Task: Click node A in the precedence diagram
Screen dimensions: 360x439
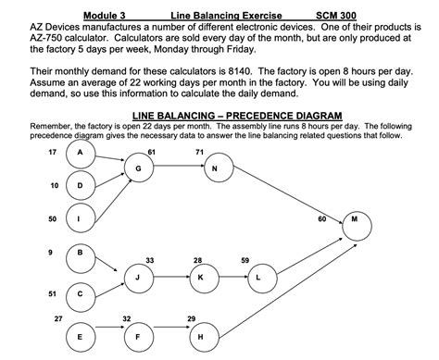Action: pyautogui.click(x=80, y=152)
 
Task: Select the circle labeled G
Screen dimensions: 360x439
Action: pyautogui.click(x=138, y=168)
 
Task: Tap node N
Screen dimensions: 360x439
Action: pyautogui.click(x=215, y=168)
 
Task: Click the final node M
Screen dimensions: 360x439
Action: pyautogui.click(x=357, y=221)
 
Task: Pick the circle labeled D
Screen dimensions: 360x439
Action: pyautogui.click(x=80, y=185)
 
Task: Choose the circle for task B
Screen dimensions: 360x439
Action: pyautogui.click(x=80, y=252)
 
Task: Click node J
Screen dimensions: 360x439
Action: pyautogui.click(x=138, y=277)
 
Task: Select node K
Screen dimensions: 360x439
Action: pyautogui.click(x=201, y=277)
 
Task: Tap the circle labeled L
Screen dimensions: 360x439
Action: pyautogui.click(x=259, y=277)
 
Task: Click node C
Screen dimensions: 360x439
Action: pyautogui.click(x=80, y=294)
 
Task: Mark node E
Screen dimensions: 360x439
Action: pyautogui.click(x=80, y=337)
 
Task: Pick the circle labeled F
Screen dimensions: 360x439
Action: pyautogui.click(x=138, y=337)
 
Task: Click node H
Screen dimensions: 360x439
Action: pyautogui.click(x=201, y=337)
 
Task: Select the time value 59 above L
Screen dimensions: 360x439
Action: pyautogui.click(x=245, y=260)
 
